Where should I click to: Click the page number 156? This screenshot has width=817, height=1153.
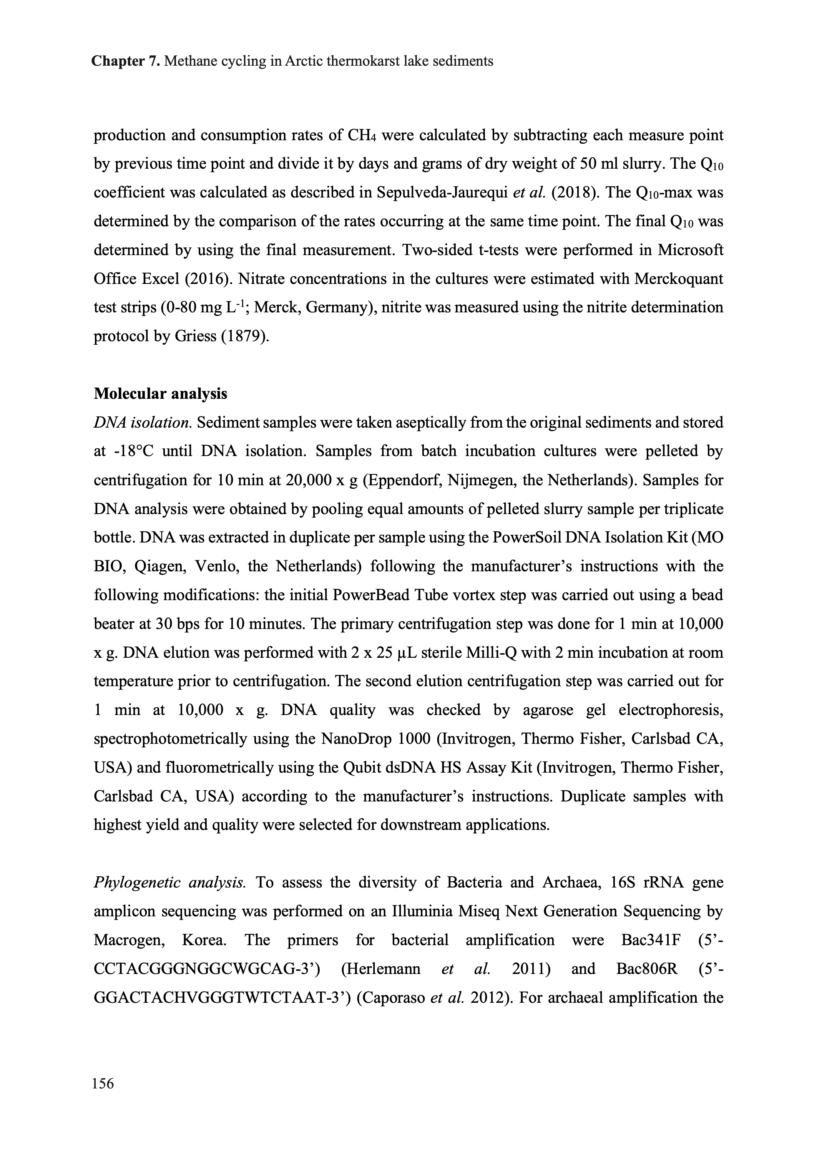point(103,1083)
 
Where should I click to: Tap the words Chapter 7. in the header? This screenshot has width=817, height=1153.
point(126,61)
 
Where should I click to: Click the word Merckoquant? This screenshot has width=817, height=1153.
point(678,279)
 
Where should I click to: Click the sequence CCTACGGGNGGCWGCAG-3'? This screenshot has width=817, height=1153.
point(207,969)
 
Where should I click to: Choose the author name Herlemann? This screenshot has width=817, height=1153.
point(380,969)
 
